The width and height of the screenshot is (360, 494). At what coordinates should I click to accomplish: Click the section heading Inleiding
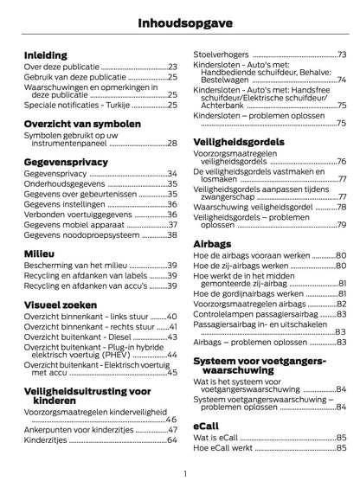[45, 54]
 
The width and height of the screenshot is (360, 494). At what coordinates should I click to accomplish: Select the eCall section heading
[205, 427]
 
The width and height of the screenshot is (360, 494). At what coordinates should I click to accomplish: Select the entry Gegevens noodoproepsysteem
[80, 234]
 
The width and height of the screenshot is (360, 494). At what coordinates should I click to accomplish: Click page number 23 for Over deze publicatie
[172, 67]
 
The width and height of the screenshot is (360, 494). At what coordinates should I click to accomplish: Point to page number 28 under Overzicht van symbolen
[172, 143]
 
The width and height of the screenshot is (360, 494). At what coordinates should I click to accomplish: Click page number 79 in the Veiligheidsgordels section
[341, 225]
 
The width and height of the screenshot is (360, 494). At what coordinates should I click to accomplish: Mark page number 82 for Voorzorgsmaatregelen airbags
[341, 303]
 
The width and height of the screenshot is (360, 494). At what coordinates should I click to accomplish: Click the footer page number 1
[185, 474]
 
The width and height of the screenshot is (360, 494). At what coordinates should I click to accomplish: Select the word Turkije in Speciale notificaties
[112, 104]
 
